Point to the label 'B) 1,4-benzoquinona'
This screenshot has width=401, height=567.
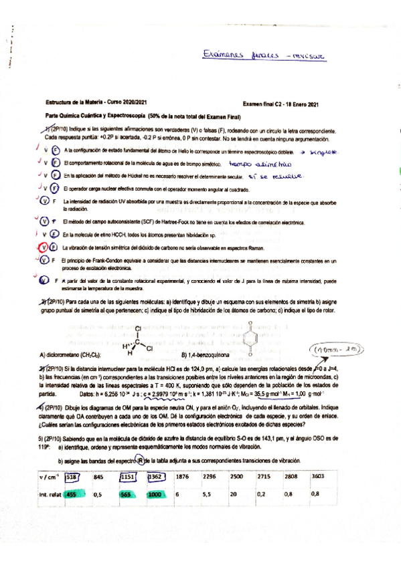coord(205,354)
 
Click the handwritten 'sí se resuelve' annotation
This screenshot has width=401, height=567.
coord(276,176)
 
